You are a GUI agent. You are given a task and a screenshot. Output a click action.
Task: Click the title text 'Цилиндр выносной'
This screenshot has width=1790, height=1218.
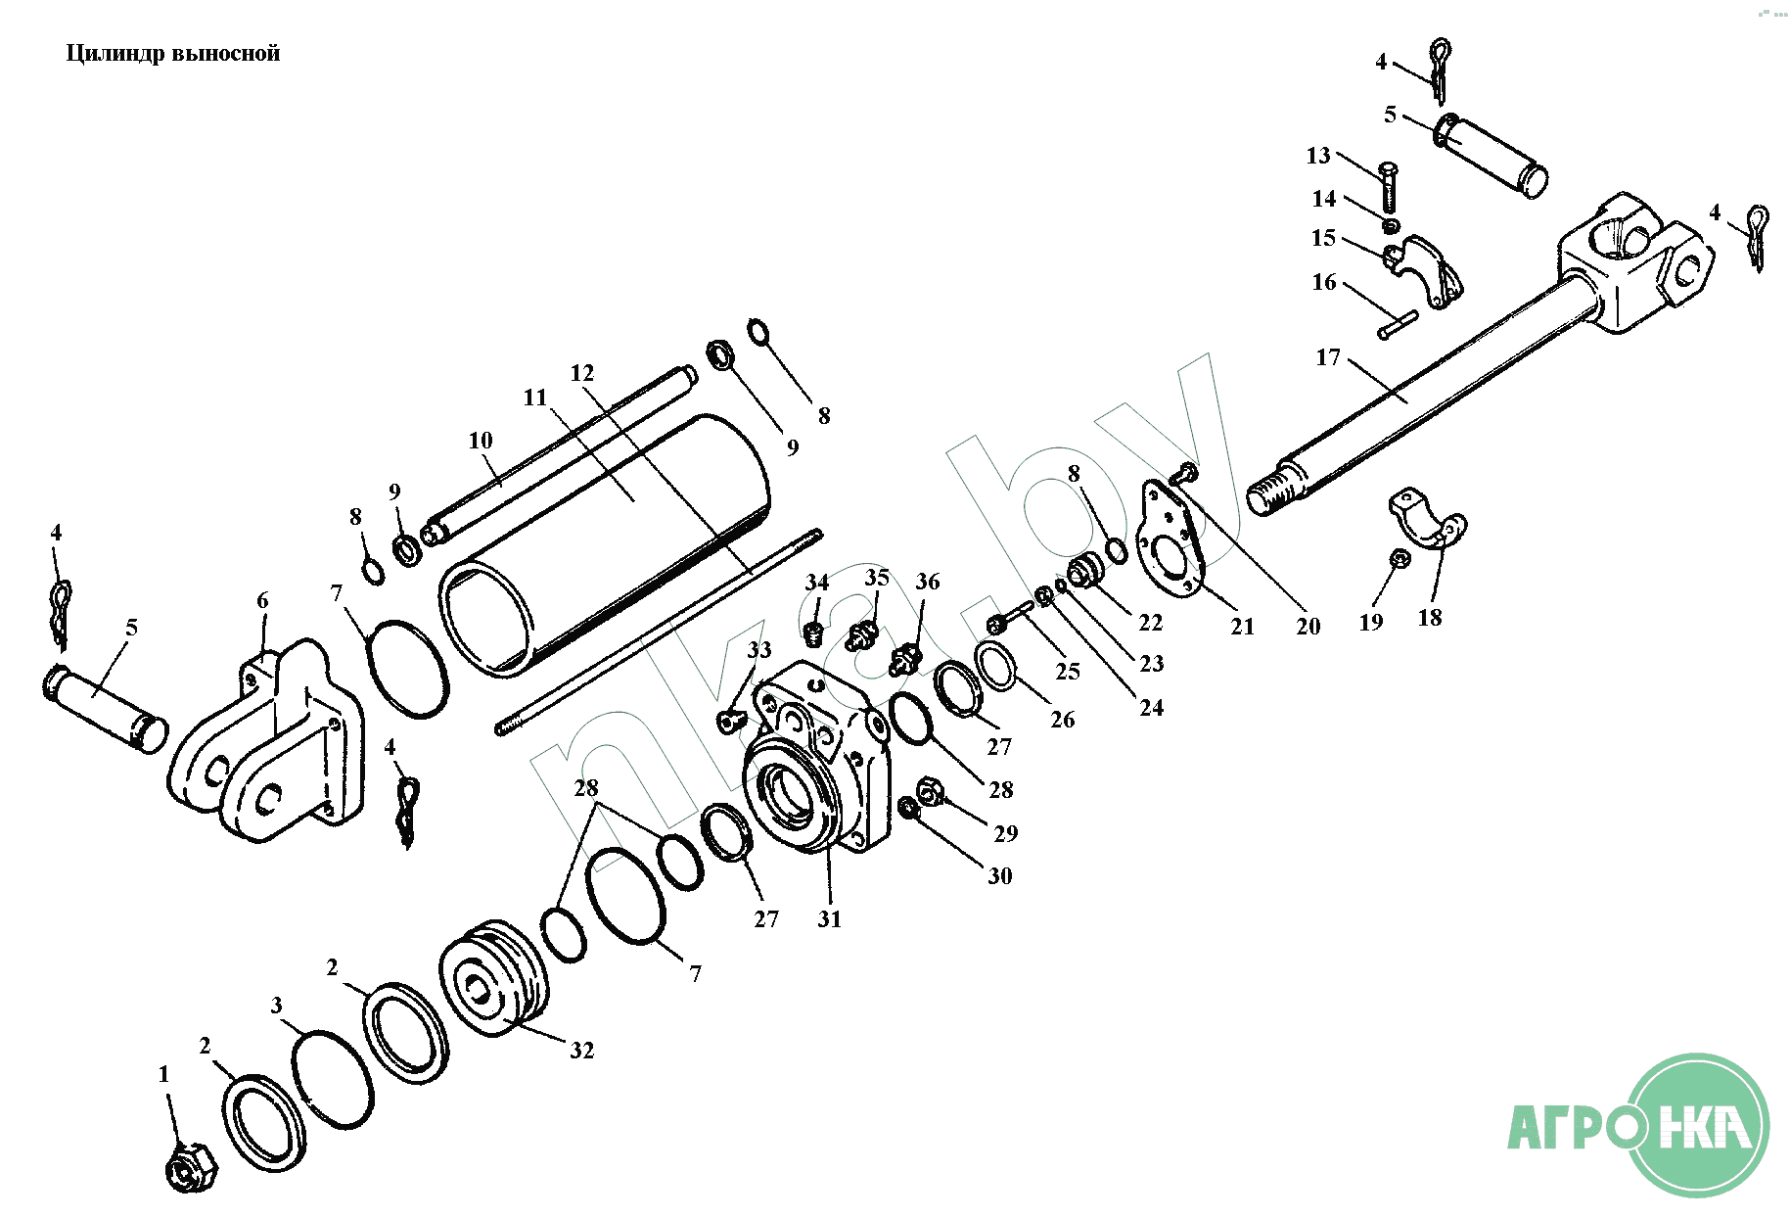[173, 53]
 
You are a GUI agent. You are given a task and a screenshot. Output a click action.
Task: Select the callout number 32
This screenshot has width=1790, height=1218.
[582, 1051]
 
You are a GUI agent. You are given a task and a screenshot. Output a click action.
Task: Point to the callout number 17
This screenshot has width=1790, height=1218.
[1328, 357]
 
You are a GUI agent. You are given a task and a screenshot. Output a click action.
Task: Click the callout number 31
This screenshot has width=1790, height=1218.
[830, 918]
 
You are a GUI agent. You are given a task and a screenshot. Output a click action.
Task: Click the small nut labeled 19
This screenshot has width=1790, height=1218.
[1400, 559]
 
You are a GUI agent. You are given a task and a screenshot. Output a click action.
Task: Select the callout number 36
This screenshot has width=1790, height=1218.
[928, 582]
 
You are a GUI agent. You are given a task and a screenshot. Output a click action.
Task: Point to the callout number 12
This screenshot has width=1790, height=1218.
[582, 373]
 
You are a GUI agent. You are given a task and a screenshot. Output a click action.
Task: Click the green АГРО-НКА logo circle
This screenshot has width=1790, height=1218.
[1698, 1126]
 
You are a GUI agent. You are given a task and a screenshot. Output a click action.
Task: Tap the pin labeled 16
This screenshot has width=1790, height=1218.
[1398, 325]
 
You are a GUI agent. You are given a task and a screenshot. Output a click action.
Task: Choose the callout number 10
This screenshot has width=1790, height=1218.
[481, 441]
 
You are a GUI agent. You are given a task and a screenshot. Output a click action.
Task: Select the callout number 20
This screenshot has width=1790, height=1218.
[1308, 627]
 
